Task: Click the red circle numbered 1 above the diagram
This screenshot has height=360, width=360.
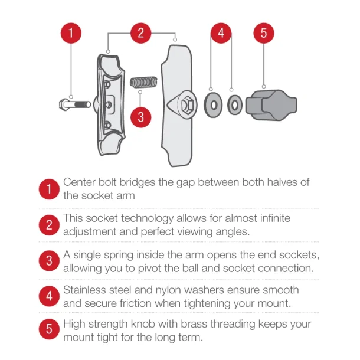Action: [71, 33]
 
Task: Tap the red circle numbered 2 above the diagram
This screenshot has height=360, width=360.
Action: [140, 33]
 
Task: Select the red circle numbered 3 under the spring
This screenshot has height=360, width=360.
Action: [140, 116]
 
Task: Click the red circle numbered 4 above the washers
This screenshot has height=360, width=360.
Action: [221, 33]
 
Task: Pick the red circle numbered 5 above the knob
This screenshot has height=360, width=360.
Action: [264, 33]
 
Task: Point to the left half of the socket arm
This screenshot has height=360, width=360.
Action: [110, 103]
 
